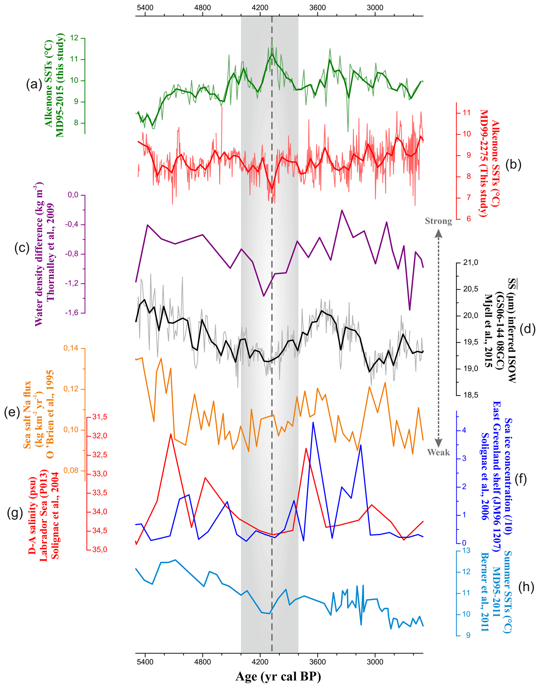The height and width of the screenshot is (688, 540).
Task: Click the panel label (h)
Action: (x=526, y=587)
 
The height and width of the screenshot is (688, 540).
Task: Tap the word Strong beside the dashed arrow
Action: (x=438, y=221)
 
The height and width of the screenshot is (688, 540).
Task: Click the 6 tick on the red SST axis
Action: (x=467, y=219)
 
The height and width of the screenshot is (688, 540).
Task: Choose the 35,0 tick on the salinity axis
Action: (x=100, y=549)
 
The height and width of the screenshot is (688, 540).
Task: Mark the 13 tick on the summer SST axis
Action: (x=466, y=550)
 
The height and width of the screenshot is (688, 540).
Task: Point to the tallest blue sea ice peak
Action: (x=313, y=422)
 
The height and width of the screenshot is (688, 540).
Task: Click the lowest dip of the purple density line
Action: (x=409, y=310)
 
